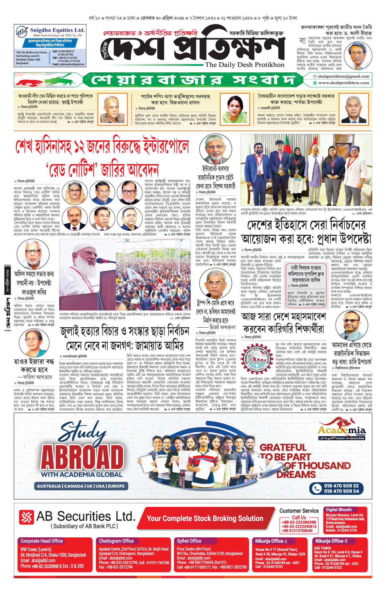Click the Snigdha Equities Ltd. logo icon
[x=22, y=31]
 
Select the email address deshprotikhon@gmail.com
[x=344, y=76]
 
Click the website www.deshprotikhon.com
[x=344, y=83]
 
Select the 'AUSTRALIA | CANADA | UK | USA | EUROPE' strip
[x=81, y=486]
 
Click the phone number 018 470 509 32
[x=341, y=486]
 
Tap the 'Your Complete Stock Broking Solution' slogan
[x=205, y=518]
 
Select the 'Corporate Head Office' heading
[x=42, y=541]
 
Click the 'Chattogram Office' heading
[x=116, y=541]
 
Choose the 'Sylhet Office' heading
[x=189, y=541]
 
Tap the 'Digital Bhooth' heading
[x=339, y=509]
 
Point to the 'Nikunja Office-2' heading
[x=331, y=541]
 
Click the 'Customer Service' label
[x=299, y=511]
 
